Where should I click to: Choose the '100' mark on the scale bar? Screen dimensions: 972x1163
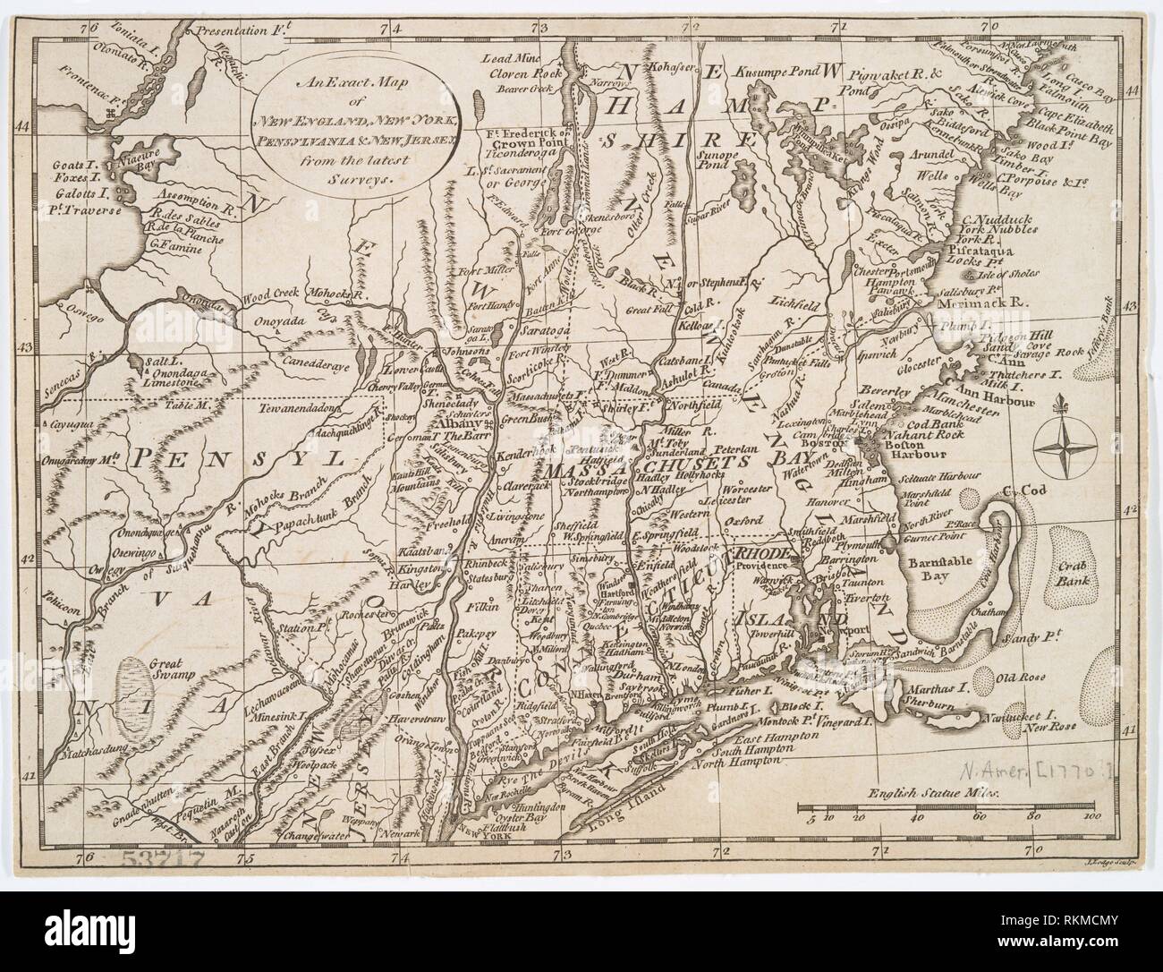1091,816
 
